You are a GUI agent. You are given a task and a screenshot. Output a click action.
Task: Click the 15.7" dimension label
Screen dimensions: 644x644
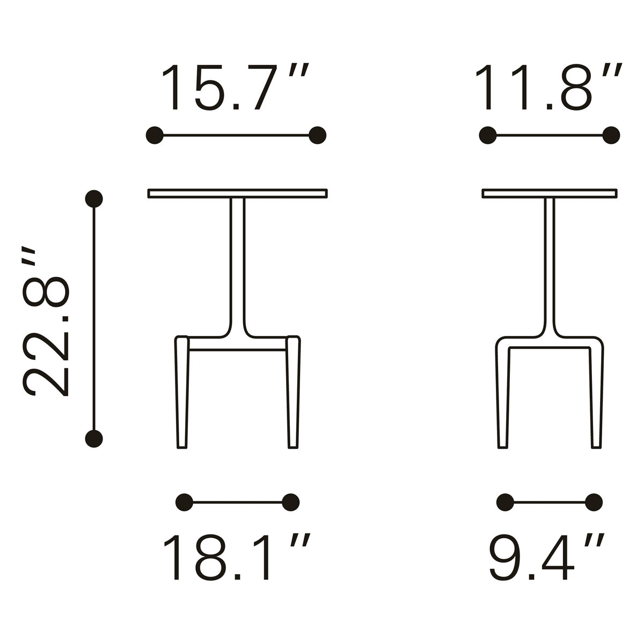[235, 86]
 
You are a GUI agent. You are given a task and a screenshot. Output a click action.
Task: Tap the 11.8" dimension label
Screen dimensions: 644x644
[548, 86]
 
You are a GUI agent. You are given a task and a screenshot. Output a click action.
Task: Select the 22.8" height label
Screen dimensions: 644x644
[45, 321]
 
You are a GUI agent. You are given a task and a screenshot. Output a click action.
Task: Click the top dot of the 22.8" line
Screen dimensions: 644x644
[94, 199]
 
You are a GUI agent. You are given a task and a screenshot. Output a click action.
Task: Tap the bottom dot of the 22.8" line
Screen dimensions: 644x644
[94, 439]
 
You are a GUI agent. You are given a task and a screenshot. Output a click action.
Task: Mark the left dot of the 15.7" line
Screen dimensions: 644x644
[155, 135]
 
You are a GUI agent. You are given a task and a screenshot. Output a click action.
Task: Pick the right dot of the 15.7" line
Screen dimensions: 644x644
[318, 135]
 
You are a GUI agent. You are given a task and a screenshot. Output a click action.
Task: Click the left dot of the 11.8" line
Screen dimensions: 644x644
[488, 135]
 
